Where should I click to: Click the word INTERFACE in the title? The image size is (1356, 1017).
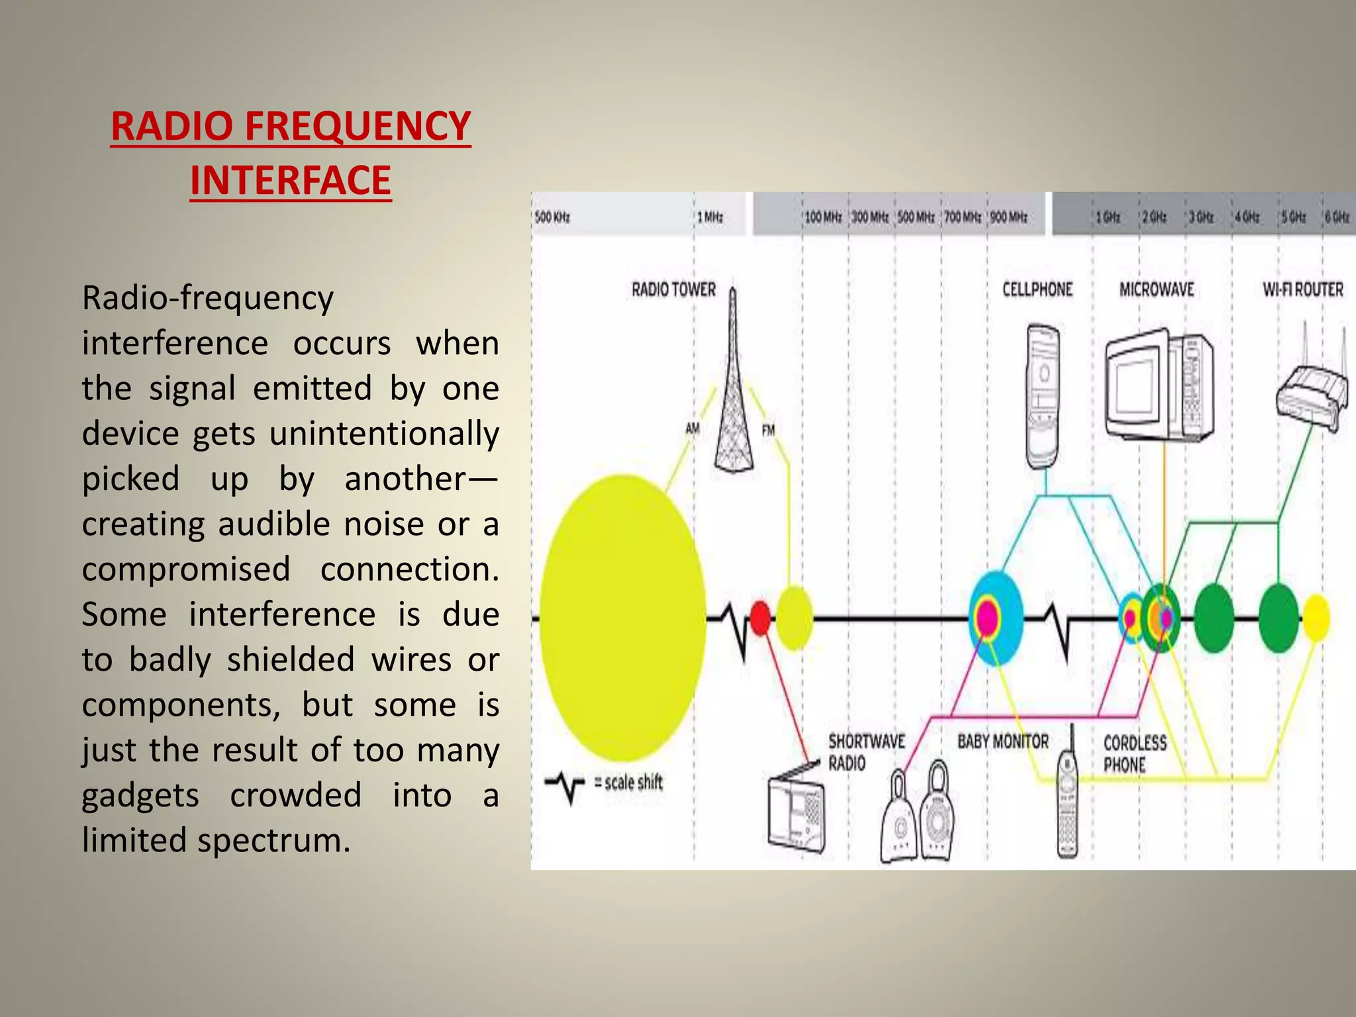point(291,181)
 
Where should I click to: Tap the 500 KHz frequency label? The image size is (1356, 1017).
point(552,217)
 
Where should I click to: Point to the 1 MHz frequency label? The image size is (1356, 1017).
point(710,217)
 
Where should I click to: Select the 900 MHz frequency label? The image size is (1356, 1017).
point(1008,217)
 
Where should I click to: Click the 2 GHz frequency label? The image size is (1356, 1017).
point(1154,217)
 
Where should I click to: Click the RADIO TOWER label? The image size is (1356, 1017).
point(673,290)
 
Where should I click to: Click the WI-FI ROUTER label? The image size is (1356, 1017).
point(1302,290)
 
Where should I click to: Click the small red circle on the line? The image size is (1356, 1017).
point(761,618)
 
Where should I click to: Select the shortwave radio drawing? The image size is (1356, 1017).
point(797,813)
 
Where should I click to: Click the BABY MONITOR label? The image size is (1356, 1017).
point(1002,742)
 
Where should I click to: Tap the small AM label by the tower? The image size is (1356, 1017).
point(692,429)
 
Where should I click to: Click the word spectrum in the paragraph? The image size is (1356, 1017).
point(273,841)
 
